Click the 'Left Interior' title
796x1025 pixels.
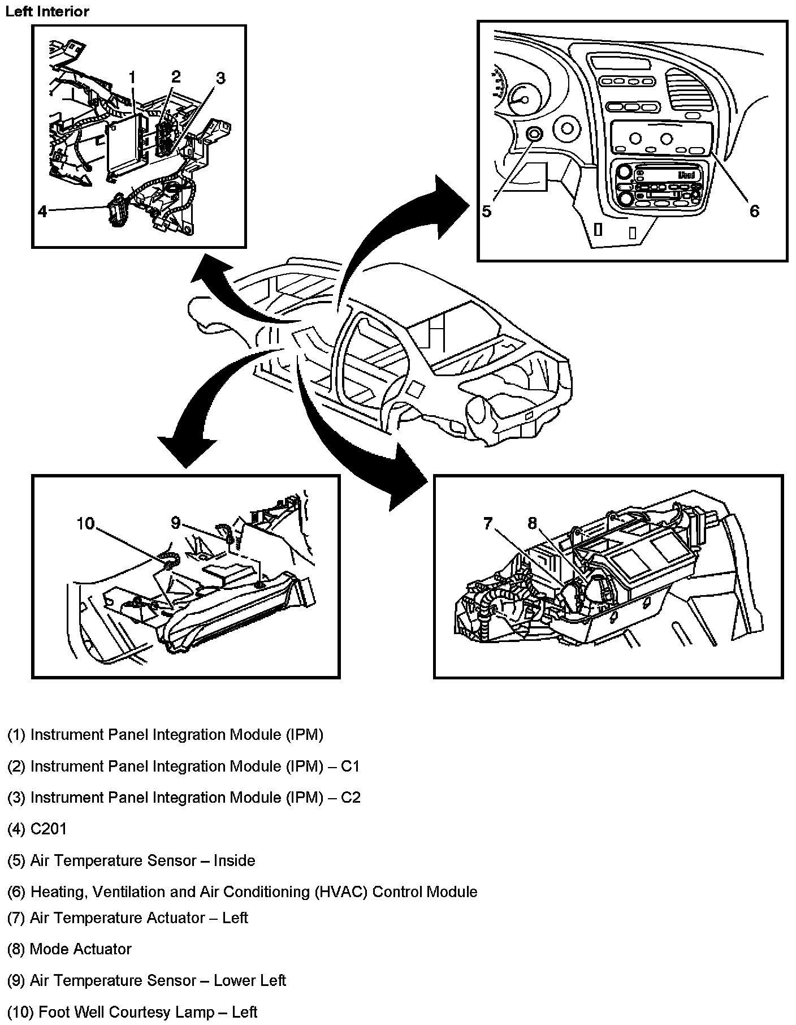click(x=47, y=11)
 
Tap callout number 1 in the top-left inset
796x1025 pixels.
click(x=132, y=77)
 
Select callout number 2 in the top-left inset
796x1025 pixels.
click(x=176, y=76)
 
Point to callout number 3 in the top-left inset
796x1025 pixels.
click(x=220, y=78)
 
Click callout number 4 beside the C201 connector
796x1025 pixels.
click(x=43, y=212)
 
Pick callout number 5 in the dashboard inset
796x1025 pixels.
click(x=487, y=212)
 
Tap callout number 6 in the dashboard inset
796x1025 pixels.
click(x=754, y=212)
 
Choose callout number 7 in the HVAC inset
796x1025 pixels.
click(x=488, y=524)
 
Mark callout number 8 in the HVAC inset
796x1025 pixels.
click(x=532, y=524)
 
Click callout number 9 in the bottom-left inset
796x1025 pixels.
click(x=176, y=523)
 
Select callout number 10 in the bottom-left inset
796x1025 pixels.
click(x=86, y=524)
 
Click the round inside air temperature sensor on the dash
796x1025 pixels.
click(x=534, y=134)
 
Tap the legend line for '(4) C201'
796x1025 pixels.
click(x=37, y=829)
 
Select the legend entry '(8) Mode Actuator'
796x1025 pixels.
click(x=69, y=949)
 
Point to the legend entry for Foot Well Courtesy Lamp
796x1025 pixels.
click(x=132, y=1011)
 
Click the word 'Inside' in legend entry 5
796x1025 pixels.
click(x=235, y=861)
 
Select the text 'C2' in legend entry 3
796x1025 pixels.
click(x=351, y=798)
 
